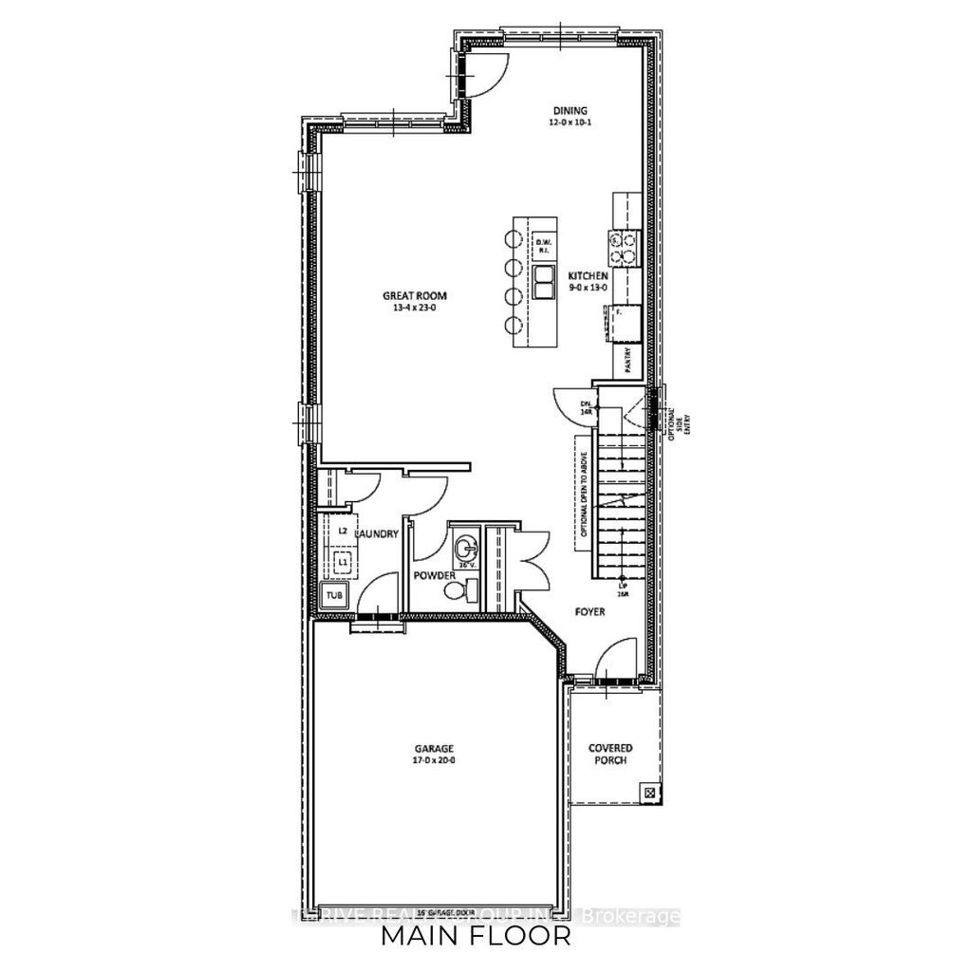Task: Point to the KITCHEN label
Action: pos(589,275)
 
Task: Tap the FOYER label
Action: pos(589,612)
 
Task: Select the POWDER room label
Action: pos(431,576)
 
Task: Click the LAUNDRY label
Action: pos(376,535)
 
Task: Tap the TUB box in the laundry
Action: pos(333,595)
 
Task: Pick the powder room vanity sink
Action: pos(465,548)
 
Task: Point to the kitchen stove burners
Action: pos(626,247)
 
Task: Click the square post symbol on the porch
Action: pos(649,790)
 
